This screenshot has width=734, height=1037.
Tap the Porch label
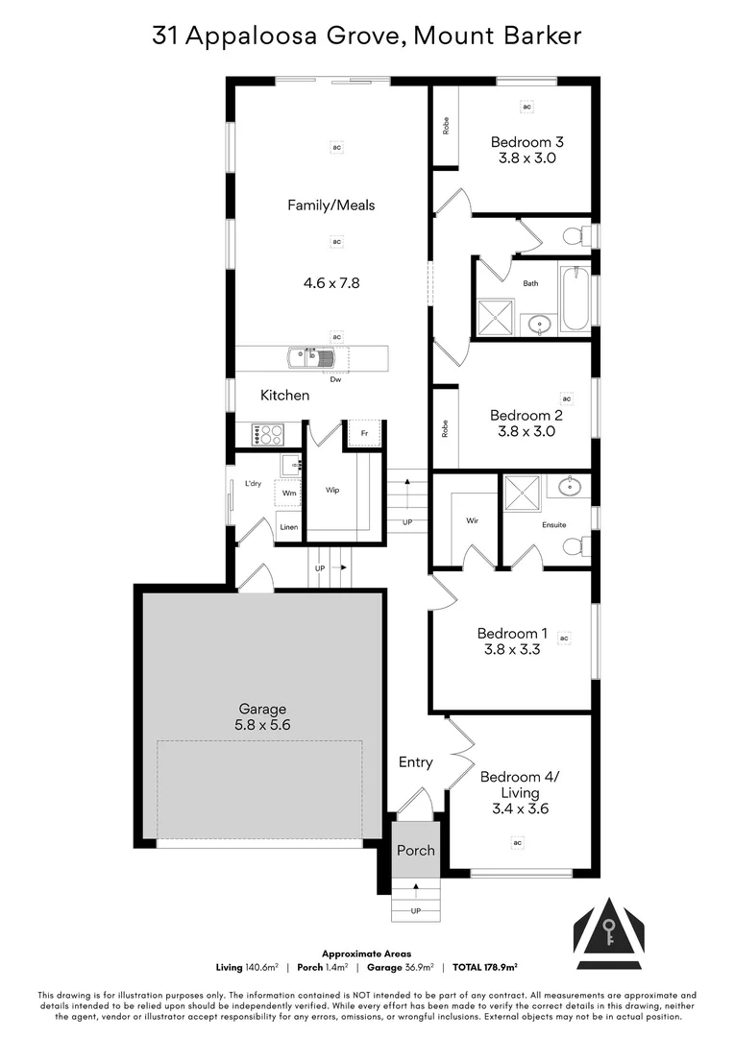[416, 850]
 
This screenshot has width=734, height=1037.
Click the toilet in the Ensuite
[574, 545]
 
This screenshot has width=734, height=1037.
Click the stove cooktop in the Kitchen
[264, 435]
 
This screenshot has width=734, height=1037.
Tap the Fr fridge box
[364, 433]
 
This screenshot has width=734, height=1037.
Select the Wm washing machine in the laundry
[288, 494]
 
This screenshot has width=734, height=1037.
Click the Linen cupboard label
[288, 527]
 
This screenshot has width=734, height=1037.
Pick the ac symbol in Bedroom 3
[526, 107]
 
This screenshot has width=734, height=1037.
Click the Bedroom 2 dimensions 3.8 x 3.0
[526, 431]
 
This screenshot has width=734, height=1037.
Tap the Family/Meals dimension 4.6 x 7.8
[330, 283]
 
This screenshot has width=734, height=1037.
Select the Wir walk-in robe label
[472, 520]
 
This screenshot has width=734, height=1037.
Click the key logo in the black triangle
[608, 929]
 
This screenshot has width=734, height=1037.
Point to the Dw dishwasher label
[335, 379]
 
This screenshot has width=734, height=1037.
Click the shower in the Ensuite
[524, 494]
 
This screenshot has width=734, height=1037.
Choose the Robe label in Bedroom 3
[445, 126]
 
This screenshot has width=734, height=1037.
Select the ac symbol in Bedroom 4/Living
[517, 842]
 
